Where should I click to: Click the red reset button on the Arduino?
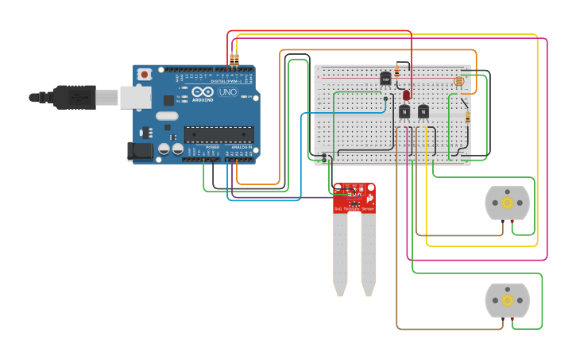pyautogui.click(x=145, y=75)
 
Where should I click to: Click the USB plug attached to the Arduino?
pyautogui.click(x=75, y=97)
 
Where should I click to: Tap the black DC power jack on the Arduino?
pyautogui.click(x=140, y=150)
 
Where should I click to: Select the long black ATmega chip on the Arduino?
pyautogui.click(x=218, y=134)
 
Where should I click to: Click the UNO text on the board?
pyautogui.click(x=228, y=92)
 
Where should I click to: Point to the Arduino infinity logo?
pyautogui.click(x=201, y=92)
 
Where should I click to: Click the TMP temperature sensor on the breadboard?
pyautogui.click(x=385, y=79)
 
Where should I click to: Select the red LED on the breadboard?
pyautogui.click(x=407, y=95)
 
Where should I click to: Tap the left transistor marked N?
pyautogui.click(x=405, y=112)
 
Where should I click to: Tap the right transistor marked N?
pyautogui.click(x=423, y=112)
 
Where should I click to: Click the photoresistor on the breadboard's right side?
pyautogui.click(x=458, y=81)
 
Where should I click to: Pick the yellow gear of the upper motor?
pyautogui.click(x=507, y=203)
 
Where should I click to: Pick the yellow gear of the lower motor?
pyautogui.click(x=506, y=300)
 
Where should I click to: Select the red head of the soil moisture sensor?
pyautogui.click(x=354, y=198)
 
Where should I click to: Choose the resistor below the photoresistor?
pyautogui.click(x=467, y=117)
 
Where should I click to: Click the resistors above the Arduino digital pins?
pyautogui.click(x=234, y=60)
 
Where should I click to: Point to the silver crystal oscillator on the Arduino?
pyautogui.click(x=167, y=116)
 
